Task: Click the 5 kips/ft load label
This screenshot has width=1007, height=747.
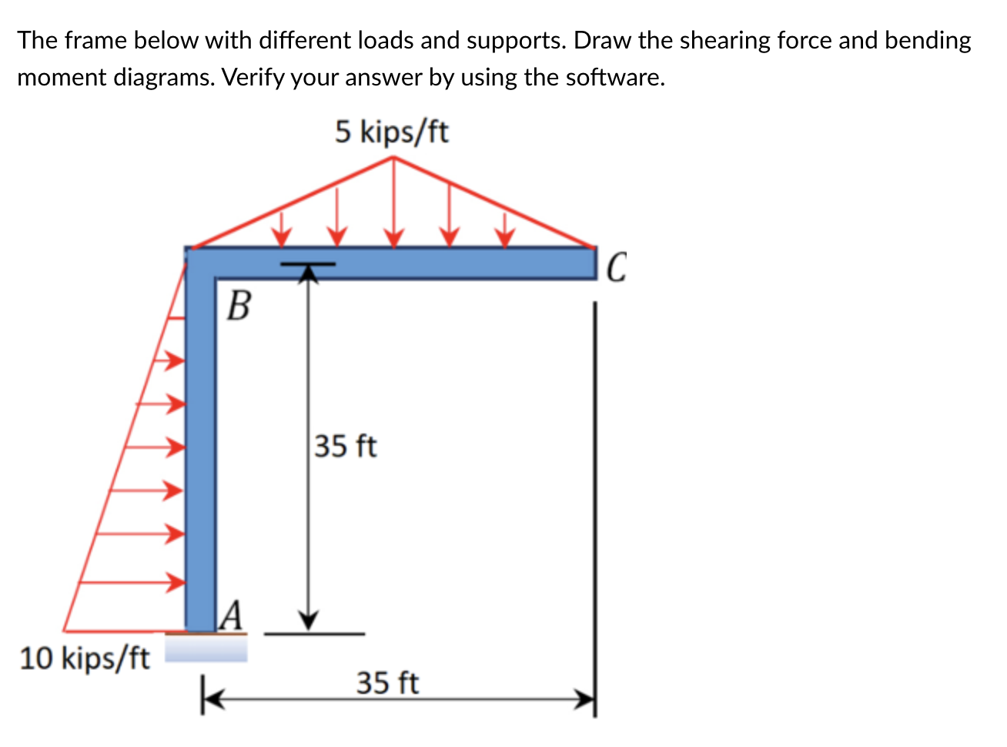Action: (x=391, y=132)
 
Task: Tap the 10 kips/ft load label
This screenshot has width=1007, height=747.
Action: (x=84, y=658)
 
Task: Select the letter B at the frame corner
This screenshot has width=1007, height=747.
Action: (x=239, y=306)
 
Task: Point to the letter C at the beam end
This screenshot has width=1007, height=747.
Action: (x=617, y=268)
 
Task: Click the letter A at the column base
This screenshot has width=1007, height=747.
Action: (x=232, y=616)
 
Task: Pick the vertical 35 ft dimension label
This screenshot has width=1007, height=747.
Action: (x=346, y=446)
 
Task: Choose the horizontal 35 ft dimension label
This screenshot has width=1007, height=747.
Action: (x=387, y=682)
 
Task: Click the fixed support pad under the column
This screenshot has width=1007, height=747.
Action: (x=206, y=648)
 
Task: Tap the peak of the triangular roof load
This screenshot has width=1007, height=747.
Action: (x=394, y=158)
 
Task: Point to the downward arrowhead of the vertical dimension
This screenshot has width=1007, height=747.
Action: (x=309, y=620)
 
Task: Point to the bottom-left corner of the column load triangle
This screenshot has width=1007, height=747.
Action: (x=63, y=631)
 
